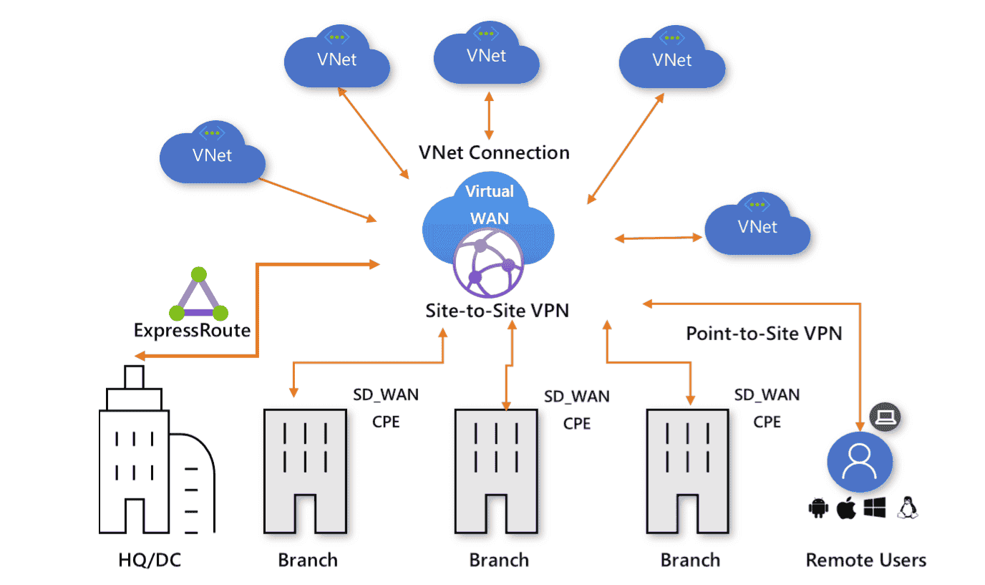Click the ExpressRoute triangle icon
coord(198,295)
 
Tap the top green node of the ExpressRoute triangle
coord(199,274)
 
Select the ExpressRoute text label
coord(192,330)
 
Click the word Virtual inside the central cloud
coord(490,191)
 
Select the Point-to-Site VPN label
coord(764,333)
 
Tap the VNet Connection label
coord(494,153)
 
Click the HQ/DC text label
coord(150,559)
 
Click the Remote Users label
coord(865,559)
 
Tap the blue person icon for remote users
coord(859,463)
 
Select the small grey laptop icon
coord(885,416)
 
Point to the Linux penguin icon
coord(908,508)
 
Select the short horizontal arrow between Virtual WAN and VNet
coord(659,238)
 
